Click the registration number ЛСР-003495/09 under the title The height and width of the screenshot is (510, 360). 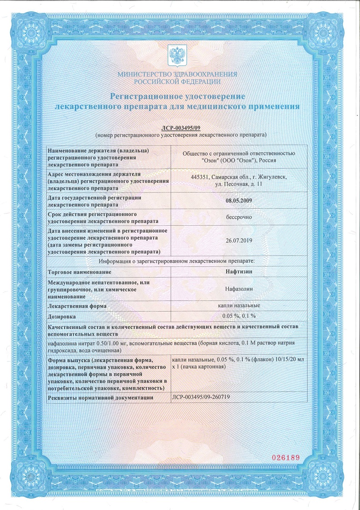(x=181, y=128)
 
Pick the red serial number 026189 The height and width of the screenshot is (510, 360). (x=286, y=458)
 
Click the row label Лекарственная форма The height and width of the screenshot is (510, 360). (x=77, y=306)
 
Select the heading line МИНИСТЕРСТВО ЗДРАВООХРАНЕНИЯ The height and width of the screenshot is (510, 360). (x=178, y=74)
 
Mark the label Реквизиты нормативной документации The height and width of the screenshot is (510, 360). (x=100, y=398)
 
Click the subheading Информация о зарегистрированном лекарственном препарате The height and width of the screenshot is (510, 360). (x=176, y=261)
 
